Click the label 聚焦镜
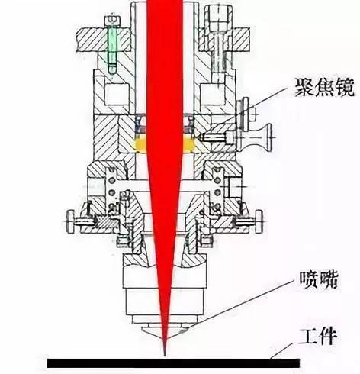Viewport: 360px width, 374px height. [324, 87]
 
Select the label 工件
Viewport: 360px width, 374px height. [318, 337]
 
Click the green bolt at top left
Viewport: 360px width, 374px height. [112, 45]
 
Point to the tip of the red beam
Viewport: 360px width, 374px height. [165, 356]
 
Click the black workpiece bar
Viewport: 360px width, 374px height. [173, 363]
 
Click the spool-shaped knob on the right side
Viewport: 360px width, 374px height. [257, 137]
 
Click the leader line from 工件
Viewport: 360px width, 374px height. [281, 351]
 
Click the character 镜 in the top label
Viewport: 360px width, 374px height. [345, 87]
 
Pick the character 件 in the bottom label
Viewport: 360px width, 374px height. [328, 337]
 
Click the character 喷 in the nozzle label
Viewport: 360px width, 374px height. [308, 280]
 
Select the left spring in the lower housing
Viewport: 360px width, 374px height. [112, 189]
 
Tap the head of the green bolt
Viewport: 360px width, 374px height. [112, 21]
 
